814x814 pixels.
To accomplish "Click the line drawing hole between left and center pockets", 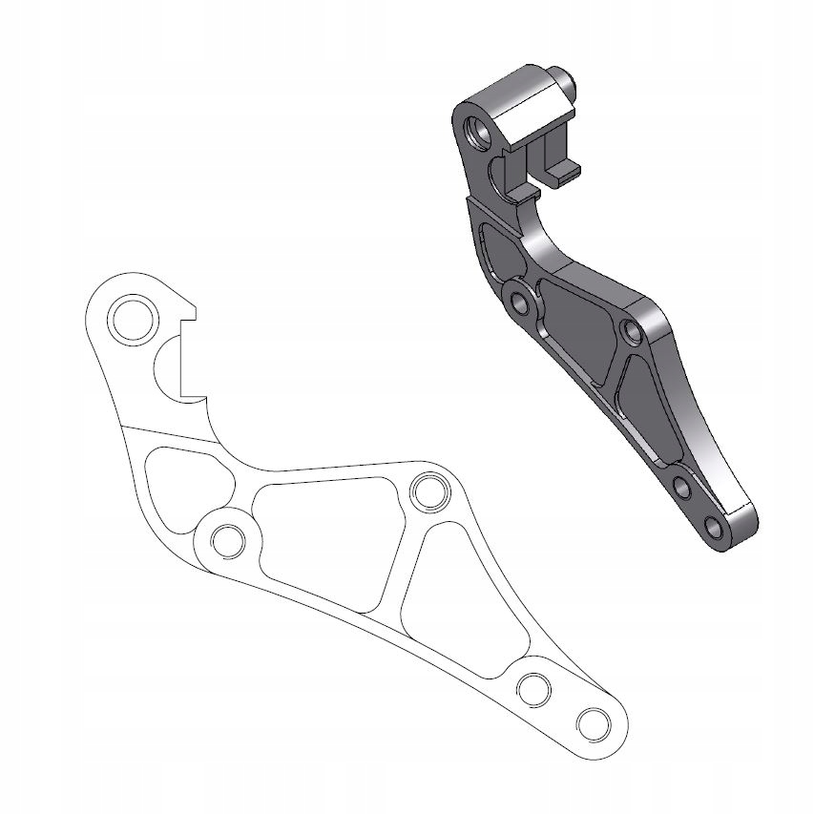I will [x=228, y=540].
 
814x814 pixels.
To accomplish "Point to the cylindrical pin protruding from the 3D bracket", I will [x=563, y=86].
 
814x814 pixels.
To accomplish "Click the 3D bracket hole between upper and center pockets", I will [x=520, y=303].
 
